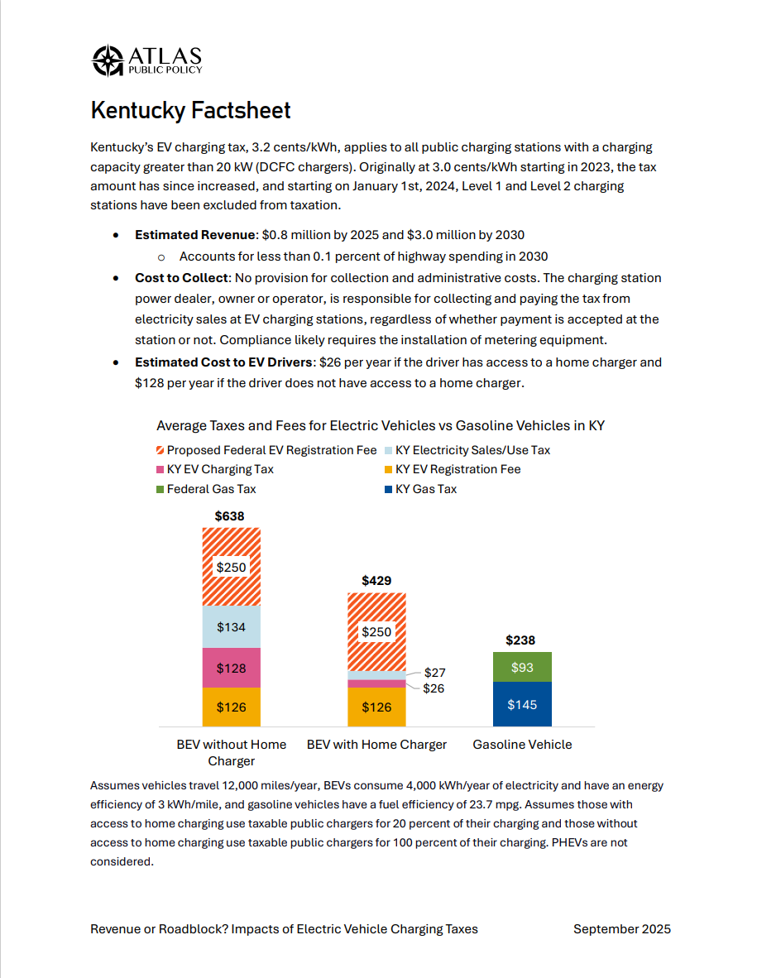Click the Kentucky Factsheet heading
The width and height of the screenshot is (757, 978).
[x=190, y=110]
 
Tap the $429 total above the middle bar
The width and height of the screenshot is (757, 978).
[x=376, y=581]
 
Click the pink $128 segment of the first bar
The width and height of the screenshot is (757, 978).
[x=232, y=668]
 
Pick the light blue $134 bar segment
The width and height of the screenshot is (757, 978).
[x=232, y=627]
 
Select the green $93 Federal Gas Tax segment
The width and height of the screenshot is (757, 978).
[x=522, y=667]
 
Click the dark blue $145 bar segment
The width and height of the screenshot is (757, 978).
[x=522, y=704]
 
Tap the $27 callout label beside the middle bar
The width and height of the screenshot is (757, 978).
[x=434, y=673]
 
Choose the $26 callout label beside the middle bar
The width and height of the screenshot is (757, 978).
[x=434, y=688]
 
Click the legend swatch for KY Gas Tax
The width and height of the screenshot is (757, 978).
[x=389, y=489]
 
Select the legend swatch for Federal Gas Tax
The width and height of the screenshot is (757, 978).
[x=161, y=489]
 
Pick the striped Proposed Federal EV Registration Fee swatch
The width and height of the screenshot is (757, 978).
[x=161, y=450]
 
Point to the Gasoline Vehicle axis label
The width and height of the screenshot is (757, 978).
[x=522, y=745]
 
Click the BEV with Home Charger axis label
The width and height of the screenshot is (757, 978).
[x=376, y=745]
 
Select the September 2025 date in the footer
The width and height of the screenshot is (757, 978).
[x=621, y=928]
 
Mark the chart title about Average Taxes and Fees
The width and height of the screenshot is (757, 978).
[x=381, y=425]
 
